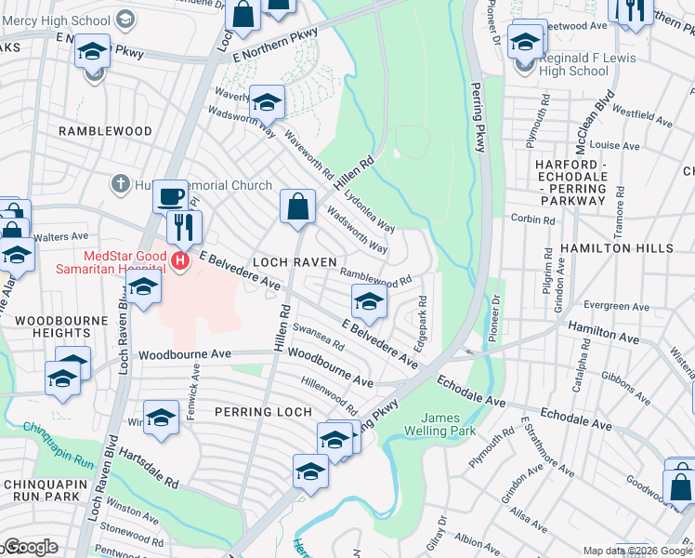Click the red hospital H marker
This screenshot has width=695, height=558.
click(x=180, y=263)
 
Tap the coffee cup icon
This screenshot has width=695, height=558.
click(x=170, y=197)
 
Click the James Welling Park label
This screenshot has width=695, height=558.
click(x=439, y=424)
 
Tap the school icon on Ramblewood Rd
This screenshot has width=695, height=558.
click(x=369, y=301)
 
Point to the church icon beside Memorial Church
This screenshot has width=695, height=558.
click(x=120, y=184)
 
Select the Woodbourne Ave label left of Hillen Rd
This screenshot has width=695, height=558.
click(x=185, y=354)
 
